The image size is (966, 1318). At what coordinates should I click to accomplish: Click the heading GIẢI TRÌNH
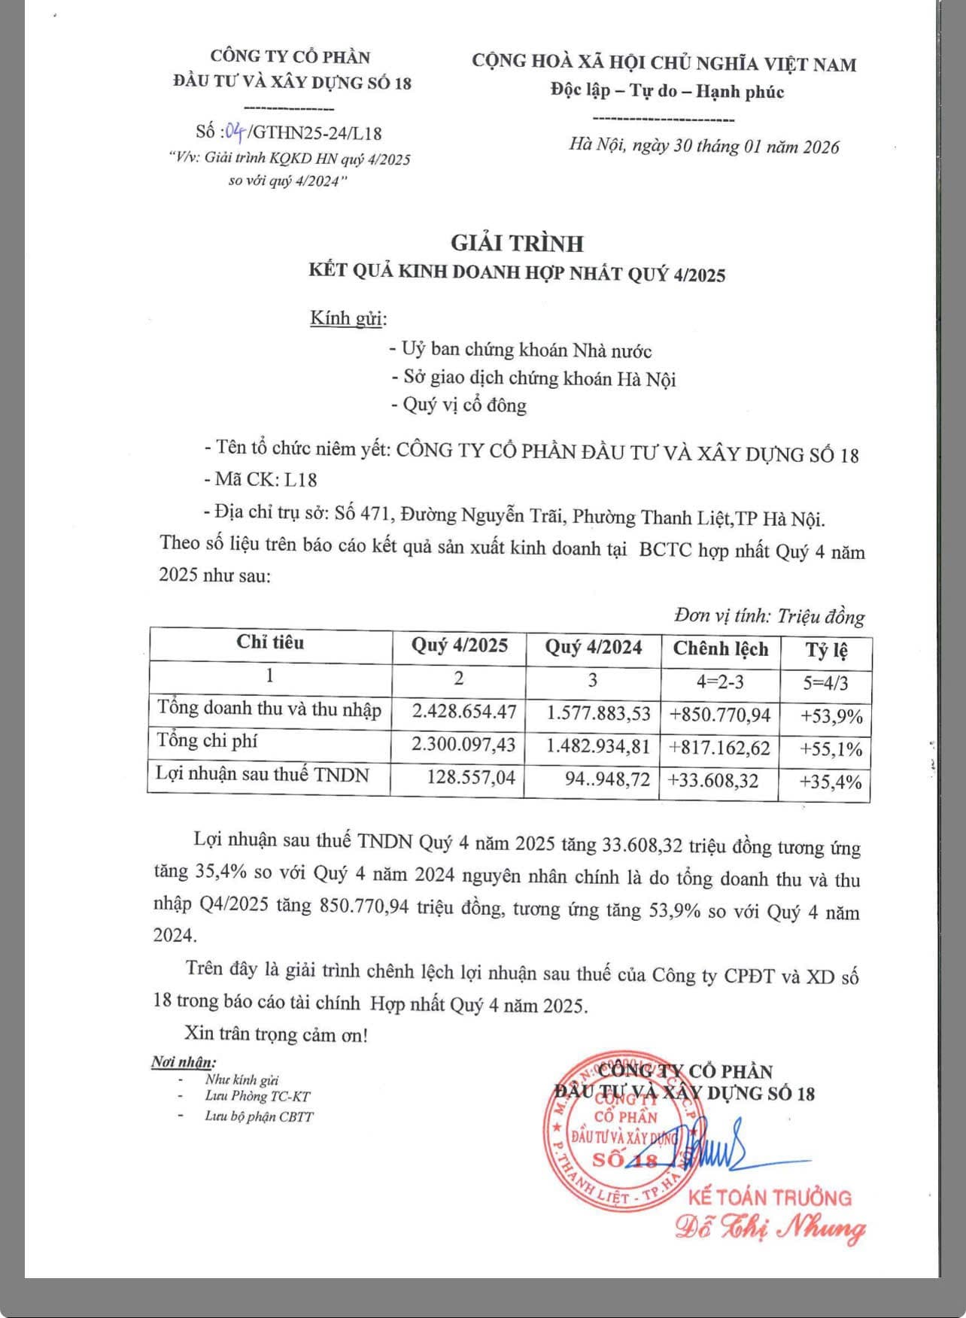point(517,243)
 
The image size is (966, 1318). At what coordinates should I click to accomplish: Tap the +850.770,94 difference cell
point(720,715)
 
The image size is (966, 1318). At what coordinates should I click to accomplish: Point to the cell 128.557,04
point(471,777)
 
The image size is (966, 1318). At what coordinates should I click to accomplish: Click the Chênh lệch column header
point(720,649)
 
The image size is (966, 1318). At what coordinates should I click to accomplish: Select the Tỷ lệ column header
point(826,651)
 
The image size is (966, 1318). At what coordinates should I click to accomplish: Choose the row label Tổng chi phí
point(207,741)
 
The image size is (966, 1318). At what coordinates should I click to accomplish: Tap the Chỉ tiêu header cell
point(270,642)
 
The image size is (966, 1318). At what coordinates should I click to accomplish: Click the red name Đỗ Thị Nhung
point(770,1228)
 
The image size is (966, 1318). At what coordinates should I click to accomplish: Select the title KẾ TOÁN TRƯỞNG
point(770,1197)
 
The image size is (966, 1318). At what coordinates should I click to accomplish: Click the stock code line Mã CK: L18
point(260,480)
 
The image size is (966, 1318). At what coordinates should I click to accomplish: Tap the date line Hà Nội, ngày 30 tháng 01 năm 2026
point(703,146)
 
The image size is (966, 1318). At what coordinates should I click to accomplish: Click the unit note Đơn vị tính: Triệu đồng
point(769,616)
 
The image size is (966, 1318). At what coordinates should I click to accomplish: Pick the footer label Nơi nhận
point(183,1062)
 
